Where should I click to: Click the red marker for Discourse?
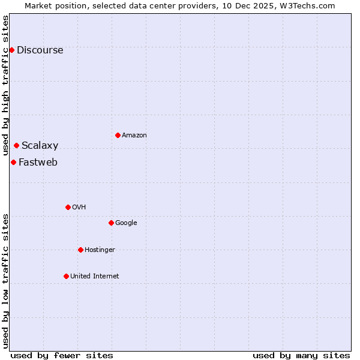(11, 50)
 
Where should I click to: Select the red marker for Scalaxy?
(16, 145)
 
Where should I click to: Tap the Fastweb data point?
(13, 162)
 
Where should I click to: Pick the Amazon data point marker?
(118, 135)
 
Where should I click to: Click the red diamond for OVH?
(68, 207)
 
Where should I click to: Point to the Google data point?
(111, 223)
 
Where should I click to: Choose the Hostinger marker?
(80, 250)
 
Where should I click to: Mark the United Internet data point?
(66, 276)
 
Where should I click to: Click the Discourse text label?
(40, 50)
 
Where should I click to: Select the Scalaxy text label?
(40, 145)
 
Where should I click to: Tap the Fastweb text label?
(38, 162)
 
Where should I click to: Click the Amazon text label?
(134, 135)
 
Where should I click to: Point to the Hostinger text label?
(100, 250)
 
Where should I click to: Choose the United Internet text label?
(94, 276)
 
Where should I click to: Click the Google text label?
(126, 223)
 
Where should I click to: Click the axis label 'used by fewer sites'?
(62, 355)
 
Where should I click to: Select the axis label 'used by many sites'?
(301, 355)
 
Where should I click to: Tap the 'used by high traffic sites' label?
(6, 85)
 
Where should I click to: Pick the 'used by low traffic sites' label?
(6, 281)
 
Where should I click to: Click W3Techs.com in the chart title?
(308, 5)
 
